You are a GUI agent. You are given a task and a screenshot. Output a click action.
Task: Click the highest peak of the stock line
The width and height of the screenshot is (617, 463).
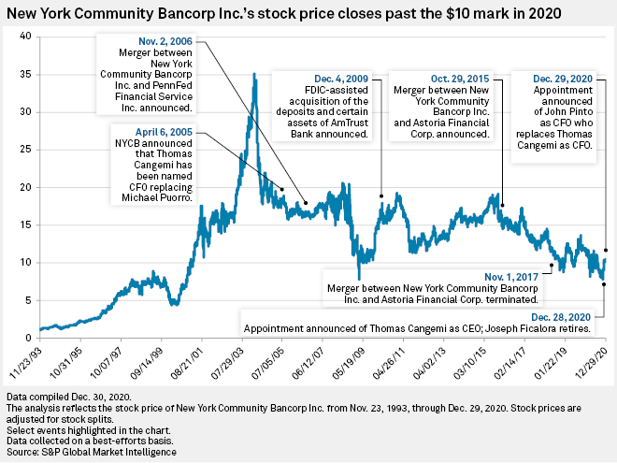255,74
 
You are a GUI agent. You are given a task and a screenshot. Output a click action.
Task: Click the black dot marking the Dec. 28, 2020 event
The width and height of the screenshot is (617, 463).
604,284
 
